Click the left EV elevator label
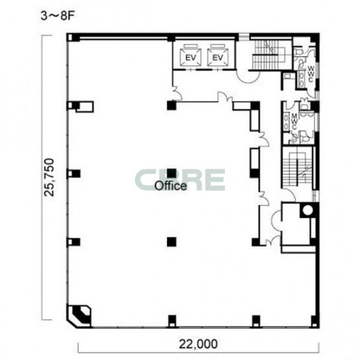(191, 58)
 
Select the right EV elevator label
(218, 58)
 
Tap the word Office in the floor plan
(171, 186)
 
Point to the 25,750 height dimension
(49, 177)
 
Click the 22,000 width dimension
(198, 344)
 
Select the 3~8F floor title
(58, 16)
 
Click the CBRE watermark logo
(180, 180)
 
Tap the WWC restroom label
(311, 74)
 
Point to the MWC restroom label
(294, 121)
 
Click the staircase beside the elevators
(269, 55)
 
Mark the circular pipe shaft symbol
(308, 210)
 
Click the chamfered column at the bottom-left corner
(79, 316)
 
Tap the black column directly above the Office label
(171, 173)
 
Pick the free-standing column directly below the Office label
(171, 242)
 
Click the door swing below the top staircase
(248, 77)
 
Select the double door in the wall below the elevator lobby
(225, 97)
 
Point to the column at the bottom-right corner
(315, 322)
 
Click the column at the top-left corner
(73, 38)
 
